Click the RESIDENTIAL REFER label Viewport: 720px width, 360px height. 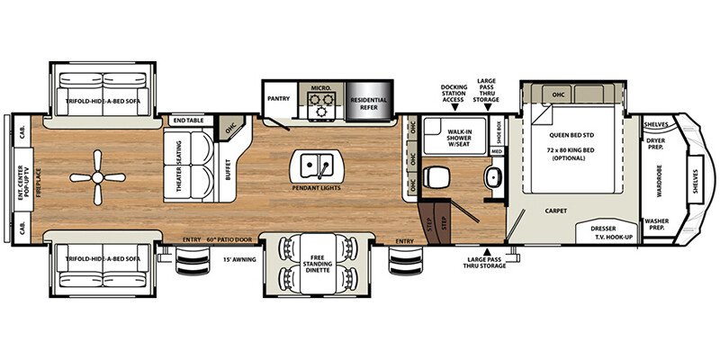(x=368, y=104)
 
